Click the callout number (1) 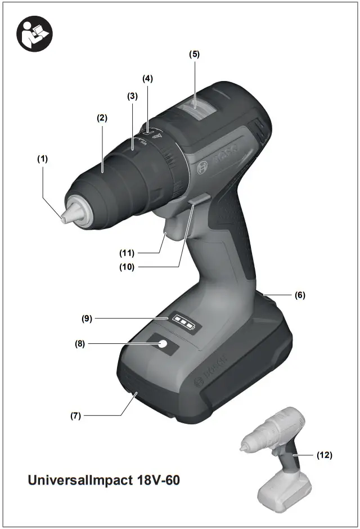43,159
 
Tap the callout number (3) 132,96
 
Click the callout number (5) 194,54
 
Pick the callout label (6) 300,295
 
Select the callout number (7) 76,416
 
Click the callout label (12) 324,455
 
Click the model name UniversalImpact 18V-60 104,481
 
